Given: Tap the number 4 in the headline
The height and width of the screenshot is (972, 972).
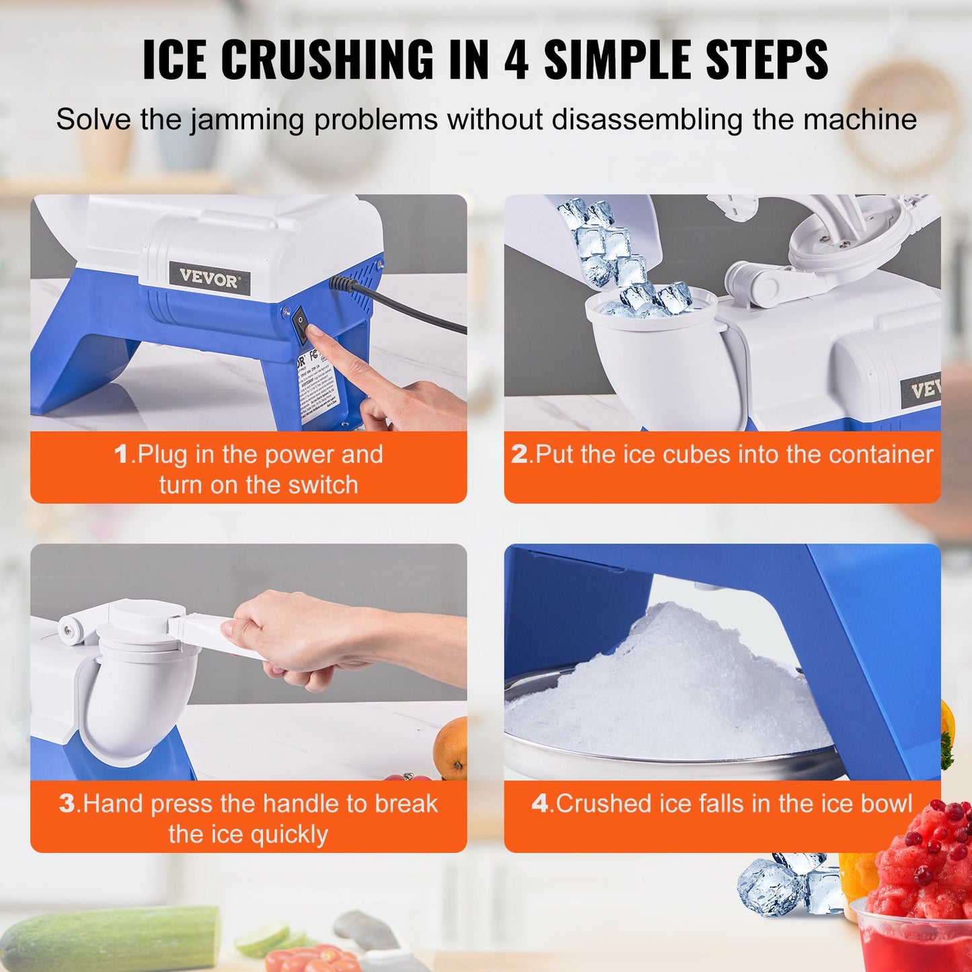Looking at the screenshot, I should click(516, 60).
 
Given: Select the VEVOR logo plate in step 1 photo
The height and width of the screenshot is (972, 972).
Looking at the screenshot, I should click(209, 278).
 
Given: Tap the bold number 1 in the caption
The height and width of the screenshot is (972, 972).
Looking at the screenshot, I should click(121, 455).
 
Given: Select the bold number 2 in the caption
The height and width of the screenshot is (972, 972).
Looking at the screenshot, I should click(519, 455).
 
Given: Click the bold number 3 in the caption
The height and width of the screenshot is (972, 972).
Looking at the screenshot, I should click(67, 804).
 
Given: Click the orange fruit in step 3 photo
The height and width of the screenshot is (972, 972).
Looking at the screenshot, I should click(451, 747).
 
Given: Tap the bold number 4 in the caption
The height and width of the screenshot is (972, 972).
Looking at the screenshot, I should click(539, 804).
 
